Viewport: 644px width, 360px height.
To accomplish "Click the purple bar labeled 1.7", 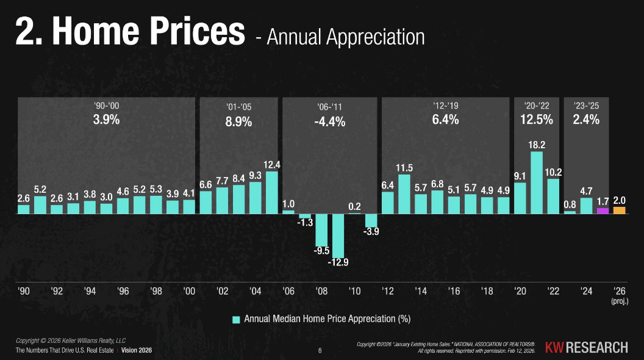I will click(603, 211).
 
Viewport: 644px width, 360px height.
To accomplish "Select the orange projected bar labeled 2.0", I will click(619, 210).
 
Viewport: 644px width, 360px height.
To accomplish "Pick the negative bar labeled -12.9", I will click(338, 236).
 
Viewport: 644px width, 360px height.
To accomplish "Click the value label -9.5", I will click(321, 251).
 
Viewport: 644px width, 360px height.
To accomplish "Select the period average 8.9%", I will click(238, 121).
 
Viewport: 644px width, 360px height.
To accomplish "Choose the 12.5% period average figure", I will click(537, 120).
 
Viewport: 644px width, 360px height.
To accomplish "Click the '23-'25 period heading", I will click(586, 106).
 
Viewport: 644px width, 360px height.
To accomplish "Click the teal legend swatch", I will click(235, 319).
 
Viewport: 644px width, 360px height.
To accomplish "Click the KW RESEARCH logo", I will click(585, 347).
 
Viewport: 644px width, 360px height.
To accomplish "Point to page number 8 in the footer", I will click(321, 351).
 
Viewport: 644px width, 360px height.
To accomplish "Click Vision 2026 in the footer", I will click(137, 350).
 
